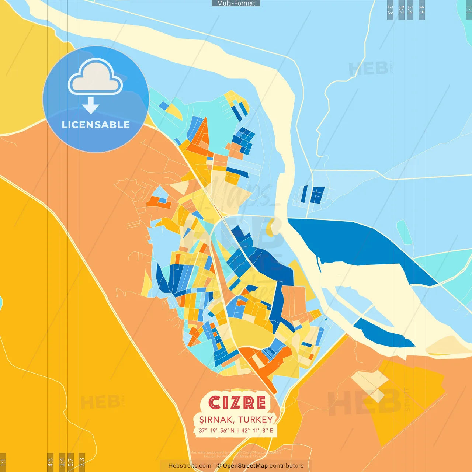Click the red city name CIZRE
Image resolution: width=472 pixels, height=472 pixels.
coord(237,403)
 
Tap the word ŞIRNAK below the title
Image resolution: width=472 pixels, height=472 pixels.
coord(216,420)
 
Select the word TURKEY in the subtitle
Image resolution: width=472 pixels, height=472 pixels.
coord(255,420)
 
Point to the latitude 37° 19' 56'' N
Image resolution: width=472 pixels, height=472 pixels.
coord(216,430)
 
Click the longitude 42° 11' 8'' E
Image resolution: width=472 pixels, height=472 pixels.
coord(257,430)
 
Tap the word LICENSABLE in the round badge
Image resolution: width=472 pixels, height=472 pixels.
coord(96,125)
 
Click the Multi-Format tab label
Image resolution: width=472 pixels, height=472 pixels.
coord(236,3)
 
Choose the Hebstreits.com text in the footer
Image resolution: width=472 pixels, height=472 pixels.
coord(190,466)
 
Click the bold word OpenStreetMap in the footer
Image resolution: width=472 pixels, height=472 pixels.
coord(245,466)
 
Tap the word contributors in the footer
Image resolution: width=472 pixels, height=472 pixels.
coord(287,466)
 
